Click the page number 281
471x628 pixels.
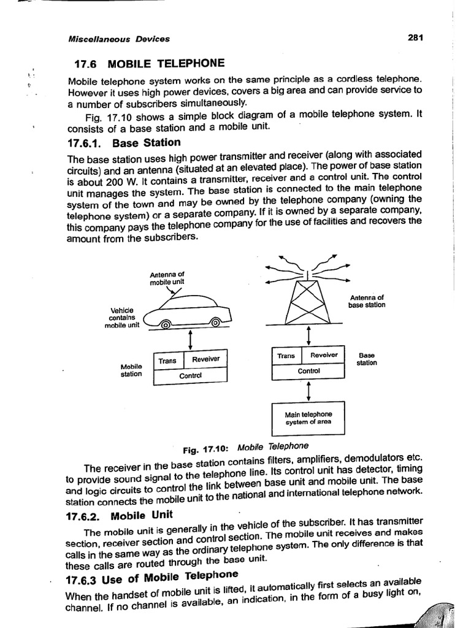[x=415, y=37]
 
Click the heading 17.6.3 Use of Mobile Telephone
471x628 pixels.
[x=151, y=578]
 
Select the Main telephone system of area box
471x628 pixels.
[x=308, y=418]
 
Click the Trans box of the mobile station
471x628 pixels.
[x=167, y=361]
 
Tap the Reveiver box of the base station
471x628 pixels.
[x=324, y=355]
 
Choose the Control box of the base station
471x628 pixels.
[x=308, y=371]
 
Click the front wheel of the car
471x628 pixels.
[x=166, y=326]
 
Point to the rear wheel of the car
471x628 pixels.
[x=215, y=323]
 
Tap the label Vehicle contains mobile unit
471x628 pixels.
[x=121, y=318]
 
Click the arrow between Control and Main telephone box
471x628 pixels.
[x=308, y=391]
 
